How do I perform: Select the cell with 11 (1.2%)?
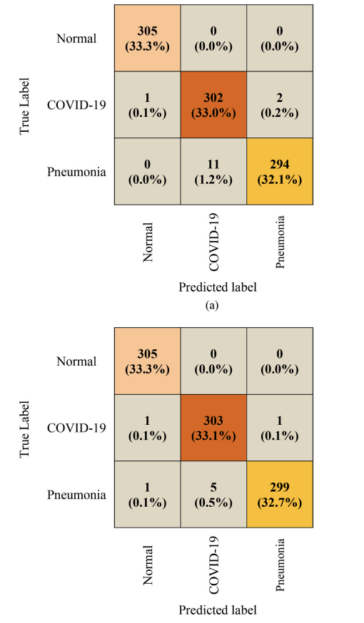pos(213,172)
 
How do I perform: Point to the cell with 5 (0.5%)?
pos(213,494)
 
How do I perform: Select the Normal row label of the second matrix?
pos(76,361)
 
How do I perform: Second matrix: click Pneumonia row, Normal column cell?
pos(147,494)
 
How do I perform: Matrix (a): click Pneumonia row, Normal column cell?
pos(147,172)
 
